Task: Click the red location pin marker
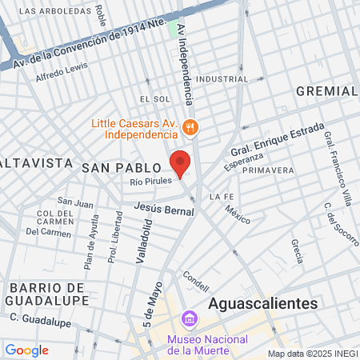(181, 163)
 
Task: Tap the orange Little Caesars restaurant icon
(190, 126)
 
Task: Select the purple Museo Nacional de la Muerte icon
(190, 319)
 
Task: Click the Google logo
(26, 350)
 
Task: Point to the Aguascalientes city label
(262, 303)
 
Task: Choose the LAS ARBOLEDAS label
(54, 12)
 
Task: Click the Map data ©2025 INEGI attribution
(311, 354)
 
